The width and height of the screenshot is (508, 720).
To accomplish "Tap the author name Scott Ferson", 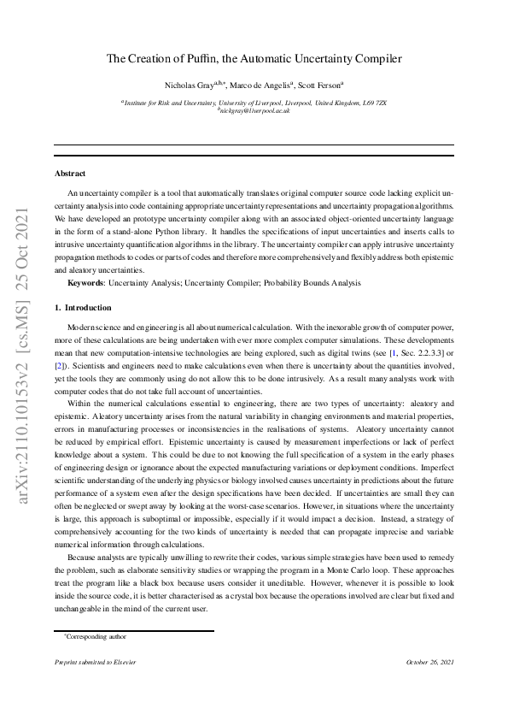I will pos(320,86).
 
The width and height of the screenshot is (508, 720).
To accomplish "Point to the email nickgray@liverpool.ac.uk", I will pos(254,111).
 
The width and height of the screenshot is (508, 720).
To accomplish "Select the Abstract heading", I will pos(69,173).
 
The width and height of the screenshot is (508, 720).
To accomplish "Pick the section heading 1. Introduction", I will pos(82,307).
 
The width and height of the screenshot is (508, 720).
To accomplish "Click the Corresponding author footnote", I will pos(95,636).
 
